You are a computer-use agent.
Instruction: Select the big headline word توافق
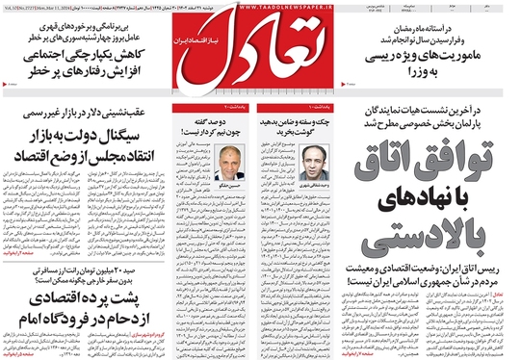pos(435,159)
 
